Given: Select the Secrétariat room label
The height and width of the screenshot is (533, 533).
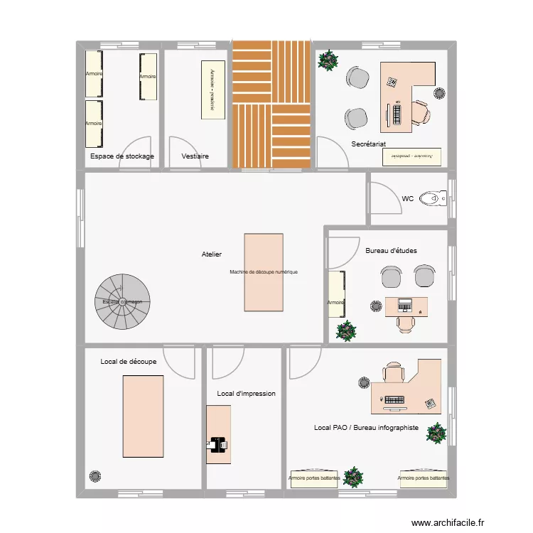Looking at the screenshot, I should [x=368, y=144].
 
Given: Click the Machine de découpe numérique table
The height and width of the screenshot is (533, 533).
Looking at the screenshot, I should [x=264, y=272].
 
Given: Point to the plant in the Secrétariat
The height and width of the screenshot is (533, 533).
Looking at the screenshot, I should [x=328, y=60].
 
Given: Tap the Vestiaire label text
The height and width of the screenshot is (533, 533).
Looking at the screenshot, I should [x=195, y=156].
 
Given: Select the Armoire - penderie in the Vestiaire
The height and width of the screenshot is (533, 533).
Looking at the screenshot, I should [x=211, y=90].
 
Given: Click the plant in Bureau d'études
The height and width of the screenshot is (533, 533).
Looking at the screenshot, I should [x=346, y=331].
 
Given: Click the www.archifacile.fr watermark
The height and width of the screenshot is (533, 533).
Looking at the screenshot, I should [x=447, y=522].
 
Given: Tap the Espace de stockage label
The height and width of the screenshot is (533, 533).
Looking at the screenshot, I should [x=122, y=156].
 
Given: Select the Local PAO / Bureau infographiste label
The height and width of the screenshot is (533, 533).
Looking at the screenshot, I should [x=366, y=428].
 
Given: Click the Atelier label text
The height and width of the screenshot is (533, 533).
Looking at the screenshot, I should [x=212, y=254].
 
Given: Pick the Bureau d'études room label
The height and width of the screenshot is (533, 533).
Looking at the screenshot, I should [x=391, y=250].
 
